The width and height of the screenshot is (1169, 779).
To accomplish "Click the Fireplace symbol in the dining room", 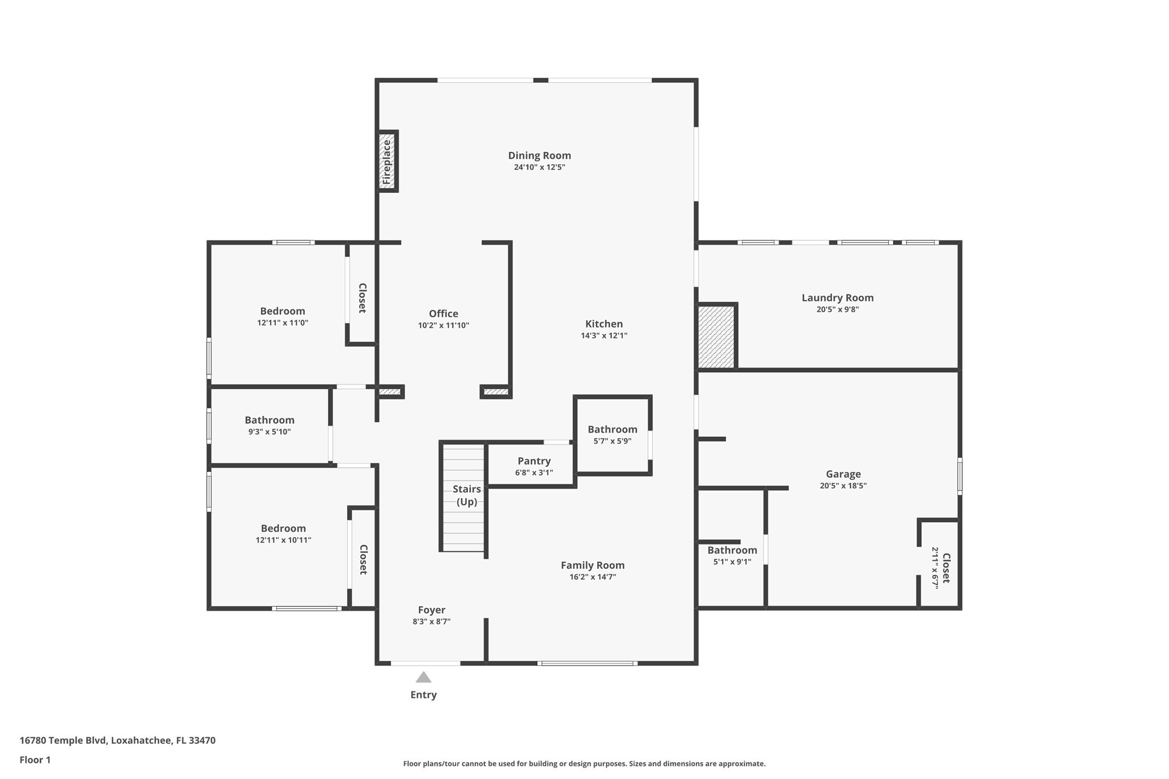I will click(387, 162).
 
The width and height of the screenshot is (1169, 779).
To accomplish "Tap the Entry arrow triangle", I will click(423, 677).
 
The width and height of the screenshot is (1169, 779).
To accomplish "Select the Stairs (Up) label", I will click(467, 495).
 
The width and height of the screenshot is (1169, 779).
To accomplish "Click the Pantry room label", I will click(534, 461).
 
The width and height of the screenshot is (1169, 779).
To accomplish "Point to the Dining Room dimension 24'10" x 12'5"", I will click(539, 167).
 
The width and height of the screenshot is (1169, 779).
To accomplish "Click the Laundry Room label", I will click(837, 297).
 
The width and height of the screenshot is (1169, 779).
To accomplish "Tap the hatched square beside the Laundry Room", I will click(716, 337).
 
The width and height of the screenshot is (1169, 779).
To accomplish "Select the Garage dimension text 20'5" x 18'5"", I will click(843, 486).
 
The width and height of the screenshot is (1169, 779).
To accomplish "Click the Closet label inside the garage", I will click(946, 568).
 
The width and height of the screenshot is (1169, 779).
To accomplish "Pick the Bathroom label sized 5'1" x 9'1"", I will click(732, 550).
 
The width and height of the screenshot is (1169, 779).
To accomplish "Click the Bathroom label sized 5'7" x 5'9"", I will click(612, 429).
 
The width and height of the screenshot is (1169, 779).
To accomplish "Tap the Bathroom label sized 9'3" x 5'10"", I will click(269, 420).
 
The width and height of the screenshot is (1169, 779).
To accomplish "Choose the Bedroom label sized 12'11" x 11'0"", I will click(283, 311).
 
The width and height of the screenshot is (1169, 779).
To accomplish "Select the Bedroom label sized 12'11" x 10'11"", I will click(283, 528).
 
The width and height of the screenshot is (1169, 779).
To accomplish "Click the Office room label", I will click(444, 313).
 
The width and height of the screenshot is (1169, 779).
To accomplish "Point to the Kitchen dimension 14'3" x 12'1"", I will click(604, 336).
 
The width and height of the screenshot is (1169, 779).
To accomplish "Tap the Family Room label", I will click(592, 565).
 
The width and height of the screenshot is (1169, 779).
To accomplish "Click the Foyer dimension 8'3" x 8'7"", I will click(432, 621).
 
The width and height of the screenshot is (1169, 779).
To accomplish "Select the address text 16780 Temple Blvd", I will click(63, 740).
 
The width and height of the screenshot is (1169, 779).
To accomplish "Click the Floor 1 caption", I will click(35, 760).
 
